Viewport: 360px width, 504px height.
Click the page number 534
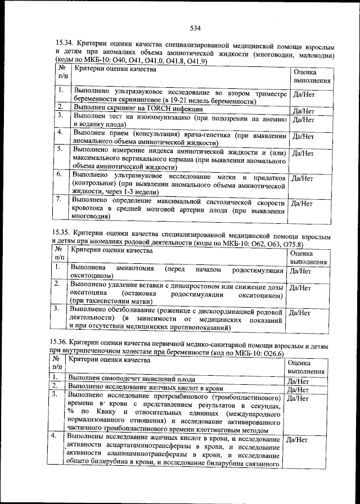coord(196,28)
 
